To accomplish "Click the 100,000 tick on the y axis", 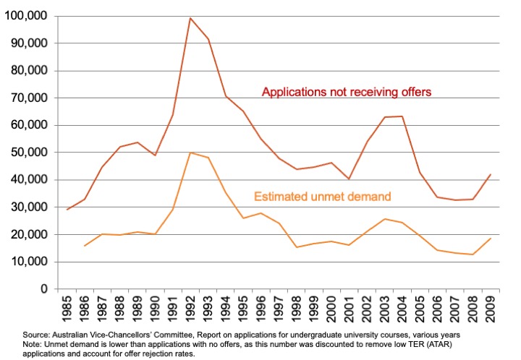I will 26,16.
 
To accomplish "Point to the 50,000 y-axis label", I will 29,153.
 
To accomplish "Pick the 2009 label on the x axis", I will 490,308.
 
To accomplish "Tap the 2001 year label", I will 350,308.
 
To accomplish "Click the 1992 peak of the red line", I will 190,18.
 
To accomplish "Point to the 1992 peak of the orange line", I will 190,153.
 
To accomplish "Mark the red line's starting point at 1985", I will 67,210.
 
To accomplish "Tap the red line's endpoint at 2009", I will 490,174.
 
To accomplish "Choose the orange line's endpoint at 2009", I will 490,239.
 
